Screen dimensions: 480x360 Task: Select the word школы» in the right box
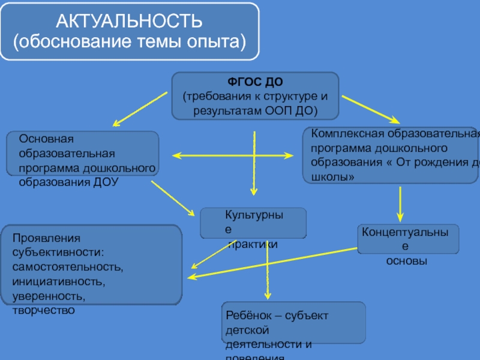point(328,178)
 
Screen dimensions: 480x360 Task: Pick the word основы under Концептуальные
point(406,262)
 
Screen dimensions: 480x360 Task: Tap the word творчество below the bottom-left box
point(43,310)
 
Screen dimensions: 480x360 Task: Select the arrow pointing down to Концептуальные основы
point(399,204)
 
